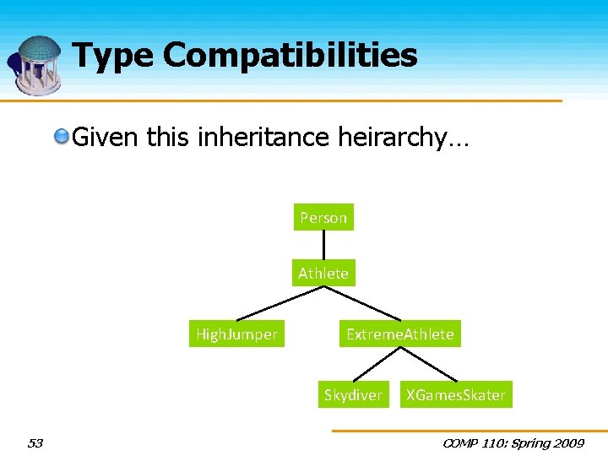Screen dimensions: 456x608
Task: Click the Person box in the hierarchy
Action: [x=323, y=218]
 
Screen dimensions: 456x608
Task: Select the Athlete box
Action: [x=323, y=274]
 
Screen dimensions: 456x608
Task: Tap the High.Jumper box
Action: [x=236, y=334]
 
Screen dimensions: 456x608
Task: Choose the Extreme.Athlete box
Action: [x=400, y=334]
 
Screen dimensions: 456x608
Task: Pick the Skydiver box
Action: [x=353, y=395]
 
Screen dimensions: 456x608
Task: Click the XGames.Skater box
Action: [x=456, y=395]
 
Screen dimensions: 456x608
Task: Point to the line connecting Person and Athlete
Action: [x=323, y=246]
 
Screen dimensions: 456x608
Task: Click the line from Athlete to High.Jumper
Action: [x=280, y=304]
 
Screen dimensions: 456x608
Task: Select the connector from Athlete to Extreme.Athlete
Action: [x=361, y=304]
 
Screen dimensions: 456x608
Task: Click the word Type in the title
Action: [x=113, y=56]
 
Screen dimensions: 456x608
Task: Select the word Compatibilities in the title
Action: [x=290, y=56]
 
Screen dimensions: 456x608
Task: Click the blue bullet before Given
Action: [x=62, y=136]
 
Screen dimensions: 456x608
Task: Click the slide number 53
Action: [x=35, y=443]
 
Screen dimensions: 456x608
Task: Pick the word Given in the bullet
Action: [x=106, y=136]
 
